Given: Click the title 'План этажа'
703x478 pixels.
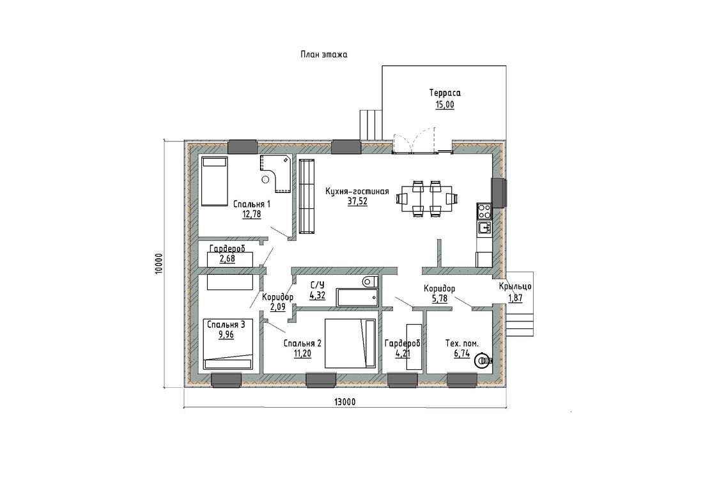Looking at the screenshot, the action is pyautogui.click(x=324, y=55).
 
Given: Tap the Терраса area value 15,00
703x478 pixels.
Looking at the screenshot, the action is pyautogui.click(x=444, y=105).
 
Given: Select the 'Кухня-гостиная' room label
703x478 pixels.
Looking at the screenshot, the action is pyautogui.click(x=357, y=192).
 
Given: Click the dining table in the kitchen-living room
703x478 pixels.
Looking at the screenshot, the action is pyautogui.click(x=426, y=198).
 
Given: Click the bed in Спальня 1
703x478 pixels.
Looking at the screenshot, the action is pyautogui.click(x=214, y=181).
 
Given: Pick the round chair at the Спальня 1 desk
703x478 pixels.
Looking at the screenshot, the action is pyautogui.click(x=265, y=180).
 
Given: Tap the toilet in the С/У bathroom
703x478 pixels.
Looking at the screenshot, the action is pyautogui.click(x=370, y=282).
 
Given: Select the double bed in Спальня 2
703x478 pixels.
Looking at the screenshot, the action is pyautogui.click(x=350, y=343).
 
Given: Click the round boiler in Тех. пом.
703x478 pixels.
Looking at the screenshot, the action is pyautogui.click(x=483, y=360).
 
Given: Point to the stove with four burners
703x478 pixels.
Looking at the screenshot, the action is pyautogui.click(x=484, y=210).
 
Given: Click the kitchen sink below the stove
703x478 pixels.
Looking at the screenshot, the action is pyautogui.click(x=484, y=227).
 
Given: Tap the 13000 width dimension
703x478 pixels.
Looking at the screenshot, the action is pyautogui.click(x=344, y=402).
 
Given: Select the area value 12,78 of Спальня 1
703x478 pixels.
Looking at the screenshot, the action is pyautogui.click(x=252, y=214).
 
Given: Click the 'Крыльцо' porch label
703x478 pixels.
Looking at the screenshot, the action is pyautogui.click(x=515, y=286).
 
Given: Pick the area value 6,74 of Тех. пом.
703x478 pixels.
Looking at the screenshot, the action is pyautogui.click(x=462, y=354).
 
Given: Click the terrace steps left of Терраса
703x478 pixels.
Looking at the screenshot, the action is pyautogui.click(x=370, y=124).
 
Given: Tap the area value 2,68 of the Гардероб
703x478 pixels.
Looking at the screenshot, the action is pyautogui.click(x=228, y=259).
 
